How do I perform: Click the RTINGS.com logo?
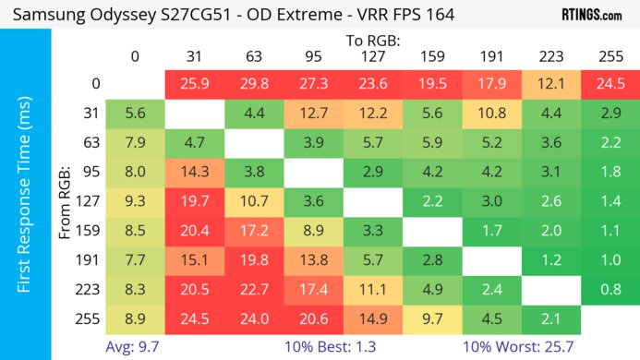pos(591,16)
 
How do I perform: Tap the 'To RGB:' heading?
pos(371,42)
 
